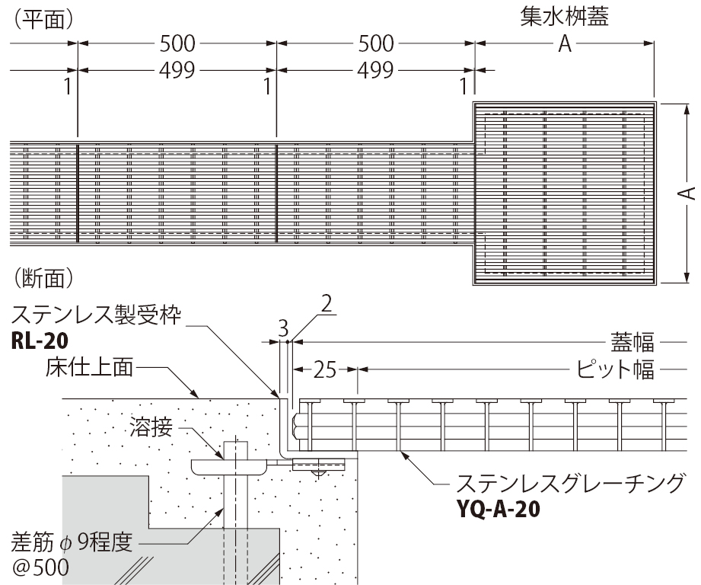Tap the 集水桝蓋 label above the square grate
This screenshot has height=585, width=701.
(565, 17)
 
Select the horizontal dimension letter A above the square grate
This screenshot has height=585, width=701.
(565, 44)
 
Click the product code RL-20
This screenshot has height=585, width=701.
(40, 341)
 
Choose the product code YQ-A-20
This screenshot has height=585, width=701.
(498, 509)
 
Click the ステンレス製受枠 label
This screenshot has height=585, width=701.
(96, 315)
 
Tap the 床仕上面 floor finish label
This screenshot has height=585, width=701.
(89, 368)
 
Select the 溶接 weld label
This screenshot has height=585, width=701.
(151, 427)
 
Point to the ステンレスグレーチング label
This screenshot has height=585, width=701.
(570, 484)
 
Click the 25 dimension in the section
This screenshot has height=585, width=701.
(324, 369)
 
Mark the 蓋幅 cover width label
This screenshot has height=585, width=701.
(632, 343)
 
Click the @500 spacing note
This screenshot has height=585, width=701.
(40, 567)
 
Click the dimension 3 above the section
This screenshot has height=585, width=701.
(283, 330)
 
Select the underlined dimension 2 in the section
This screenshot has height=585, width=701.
(327, 304)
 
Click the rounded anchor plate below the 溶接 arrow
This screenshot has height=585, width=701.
(228, 467)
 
